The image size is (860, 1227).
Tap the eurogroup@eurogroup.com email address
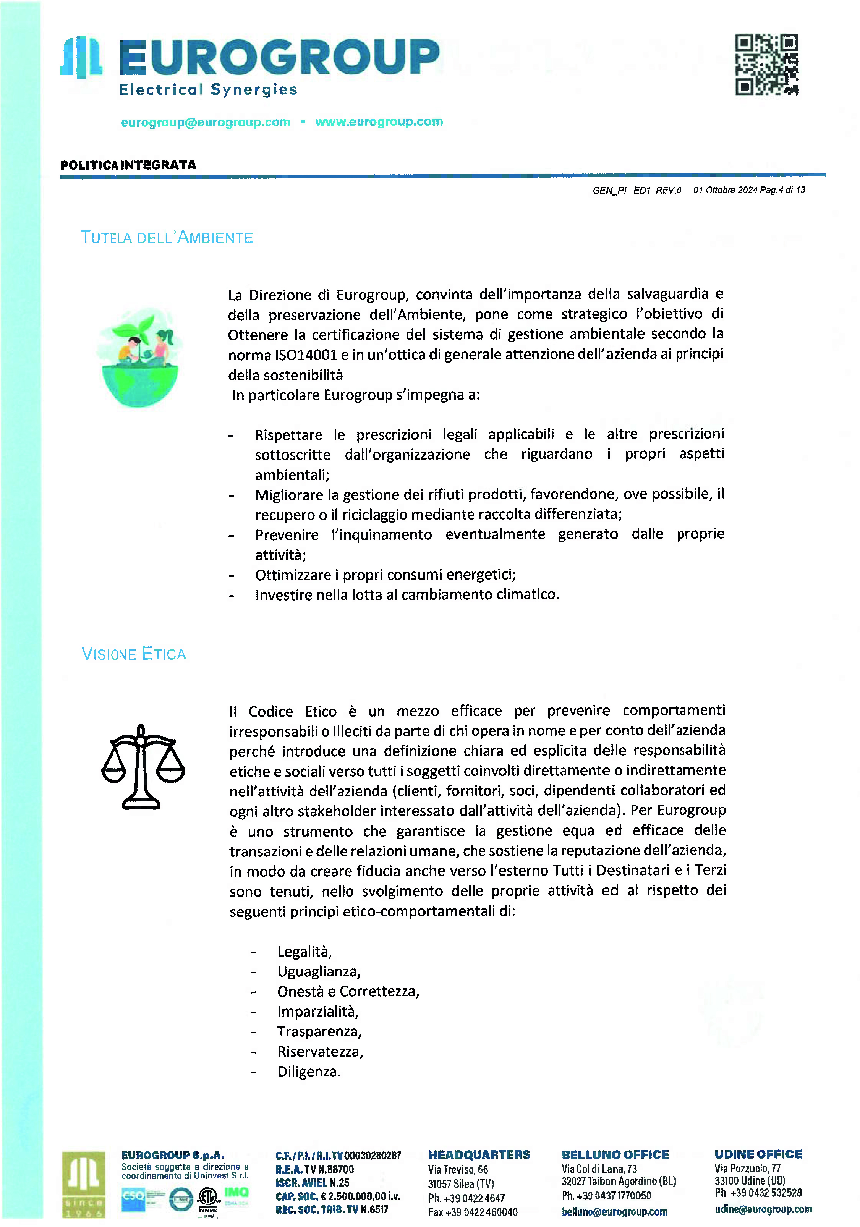pos(206,122)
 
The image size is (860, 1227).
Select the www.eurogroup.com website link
pos(379,122)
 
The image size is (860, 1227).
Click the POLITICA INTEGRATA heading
pos(128,165)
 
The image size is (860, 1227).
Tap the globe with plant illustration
pos(140,357)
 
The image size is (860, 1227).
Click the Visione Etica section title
pos(134,654)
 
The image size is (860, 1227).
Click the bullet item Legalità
pos(304,952)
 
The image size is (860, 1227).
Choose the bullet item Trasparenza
pos(319,1031)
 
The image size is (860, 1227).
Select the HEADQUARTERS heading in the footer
pos(479,1155)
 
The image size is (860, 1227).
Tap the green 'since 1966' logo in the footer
pos(83,1184)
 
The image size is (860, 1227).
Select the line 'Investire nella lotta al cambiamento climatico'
pos(407,595)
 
